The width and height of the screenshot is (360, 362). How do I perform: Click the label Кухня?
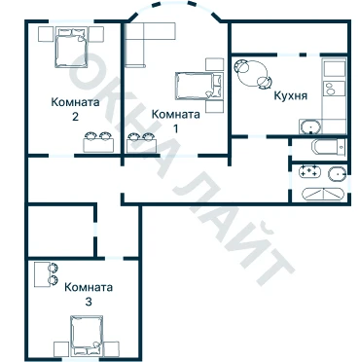point(291,96)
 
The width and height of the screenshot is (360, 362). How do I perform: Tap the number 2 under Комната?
point(75,117)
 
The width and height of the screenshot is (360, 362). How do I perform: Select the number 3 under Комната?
point(89,302)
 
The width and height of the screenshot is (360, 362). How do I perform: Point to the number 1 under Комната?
point(176,128)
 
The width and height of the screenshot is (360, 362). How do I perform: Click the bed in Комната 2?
point(72,48)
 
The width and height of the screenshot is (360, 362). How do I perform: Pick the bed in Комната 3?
point(87,336)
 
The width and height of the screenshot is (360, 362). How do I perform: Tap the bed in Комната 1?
point(199,86)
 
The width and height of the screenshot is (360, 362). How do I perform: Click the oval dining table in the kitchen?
point(253,73)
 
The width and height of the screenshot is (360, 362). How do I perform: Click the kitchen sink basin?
point(309,127)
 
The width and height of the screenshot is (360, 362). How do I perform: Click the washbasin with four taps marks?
point(309,171)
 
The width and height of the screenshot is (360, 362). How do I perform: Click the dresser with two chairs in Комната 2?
point(98,142)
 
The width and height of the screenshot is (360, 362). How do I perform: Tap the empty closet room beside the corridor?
point(61,231)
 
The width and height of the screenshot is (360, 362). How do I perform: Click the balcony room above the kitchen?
point(290,37)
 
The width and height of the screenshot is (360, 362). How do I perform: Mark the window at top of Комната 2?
point(72,21)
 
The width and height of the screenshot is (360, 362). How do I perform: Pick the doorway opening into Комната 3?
point(115,258)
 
